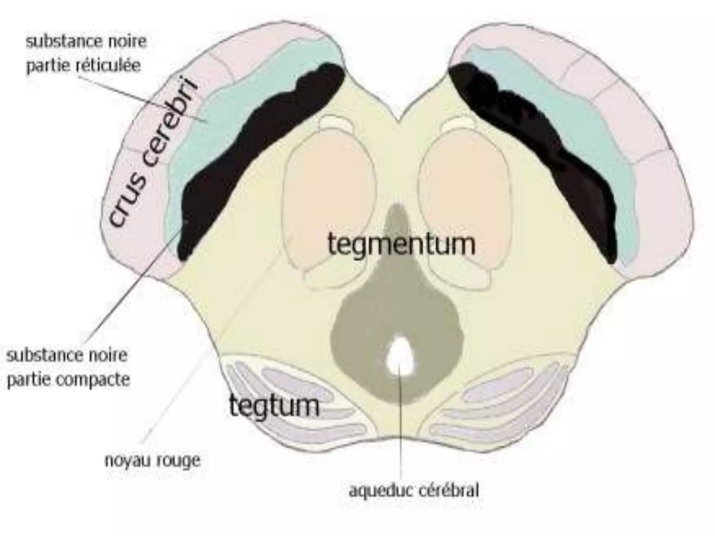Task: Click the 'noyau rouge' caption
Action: click(x=153, y=461)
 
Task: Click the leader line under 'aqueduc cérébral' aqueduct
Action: click(x=400, y=426)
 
